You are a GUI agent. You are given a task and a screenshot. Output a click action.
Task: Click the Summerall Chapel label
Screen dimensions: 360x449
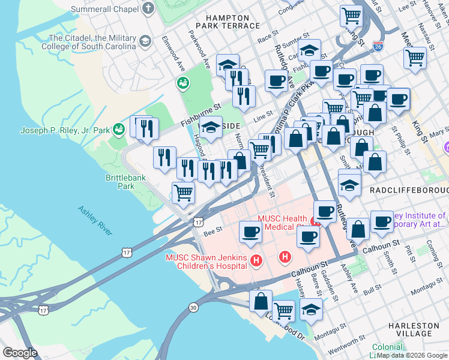[104, 10]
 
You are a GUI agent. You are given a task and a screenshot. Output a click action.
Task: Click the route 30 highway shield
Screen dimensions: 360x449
[193, 307]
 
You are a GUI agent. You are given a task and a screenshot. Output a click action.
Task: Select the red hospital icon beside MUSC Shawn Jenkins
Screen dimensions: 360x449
[256, 261]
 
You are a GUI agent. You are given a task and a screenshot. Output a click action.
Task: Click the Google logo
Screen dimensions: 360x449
[20, 352]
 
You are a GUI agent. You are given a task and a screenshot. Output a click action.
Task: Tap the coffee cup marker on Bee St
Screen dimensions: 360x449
[250, 230]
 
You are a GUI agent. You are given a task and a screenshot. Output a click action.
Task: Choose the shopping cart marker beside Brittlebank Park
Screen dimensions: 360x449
[183, 193]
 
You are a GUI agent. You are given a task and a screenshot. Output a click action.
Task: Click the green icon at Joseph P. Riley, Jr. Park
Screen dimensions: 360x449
[119, 129]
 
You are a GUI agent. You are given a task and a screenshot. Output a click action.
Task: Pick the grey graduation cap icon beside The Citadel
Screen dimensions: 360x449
[145, 41]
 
